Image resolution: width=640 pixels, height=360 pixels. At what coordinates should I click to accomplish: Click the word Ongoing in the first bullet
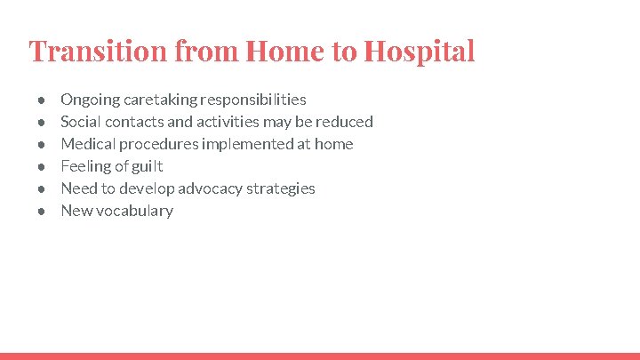[x=89, y=100]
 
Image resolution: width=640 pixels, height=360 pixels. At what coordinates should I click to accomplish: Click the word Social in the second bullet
[x=80, y=122]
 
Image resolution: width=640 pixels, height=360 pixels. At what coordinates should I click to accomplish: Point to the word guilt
[x=148, y=166]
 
